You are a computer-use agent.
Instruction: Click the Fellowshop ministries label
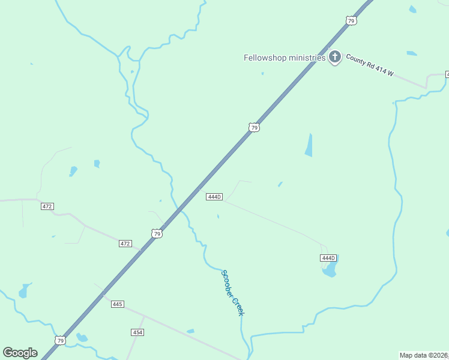point(285,58)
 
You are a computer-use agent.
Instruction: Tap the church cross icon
point(335,58)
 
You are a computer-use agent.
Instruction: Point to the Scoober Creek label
point(233,292)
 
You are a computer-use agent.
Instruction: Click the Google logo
point(20,352)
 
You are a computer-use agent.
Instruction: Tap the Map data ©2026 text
point(424,355)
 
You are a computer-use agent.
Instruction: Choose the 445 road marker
point(117,304)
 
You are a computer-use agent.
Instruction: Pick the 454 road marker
point(137,332)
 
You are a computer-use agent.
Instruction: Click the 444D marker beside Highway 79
point(214,197)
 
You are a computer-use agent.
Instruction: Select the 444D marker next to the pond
point(327,257)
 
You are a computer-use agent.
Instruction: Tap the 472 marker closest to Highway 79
point(125,244)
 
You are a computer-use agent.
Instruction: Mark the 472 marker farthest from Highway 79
point(47,206)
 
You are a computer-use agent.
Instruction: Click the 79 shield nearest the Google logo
point(59,340)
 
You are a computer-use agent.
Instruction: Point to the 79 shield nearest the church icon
point(351,21)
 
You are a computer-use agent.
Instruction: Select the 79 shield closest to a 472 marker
point(157,233)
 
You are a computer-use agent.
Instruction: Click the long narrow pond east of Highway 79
point(309,145)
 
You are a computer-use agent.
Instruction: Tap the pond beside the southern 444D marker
point(330,270)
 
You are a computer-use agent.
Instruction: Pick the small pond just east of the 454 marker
point(190,331)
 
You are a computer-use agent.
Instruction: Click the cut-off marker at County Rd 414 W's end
point(447,74)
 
